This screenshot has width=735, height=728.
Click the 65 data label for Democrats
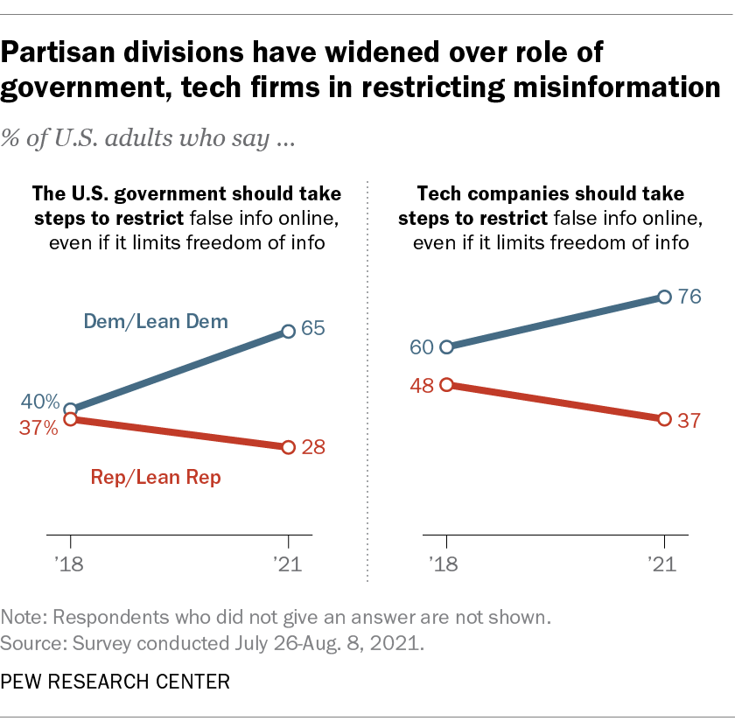click(313, 330)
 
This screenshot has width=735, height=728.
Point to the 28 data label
click(313, 447)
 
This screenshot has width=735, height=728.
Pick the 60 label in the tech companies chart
click(422, 347)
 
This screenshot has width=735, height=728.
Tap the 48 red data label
click(422, 385)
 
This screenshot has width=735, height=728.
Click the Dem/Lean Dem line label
click(156, 322)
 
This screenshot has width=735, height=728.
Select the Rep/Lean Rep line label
click(156, 477)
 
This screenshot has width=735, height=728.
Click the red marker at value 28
click(289, 447)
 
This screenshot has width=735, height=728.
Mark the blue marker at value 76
click(664, 297)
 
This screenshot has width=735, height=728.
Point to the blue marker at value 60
click(447, 347)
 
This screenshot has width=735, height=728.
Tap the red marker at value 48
click(447, 385)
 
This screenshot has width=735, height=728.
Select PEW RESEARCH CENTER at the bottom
click(115, 680)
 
